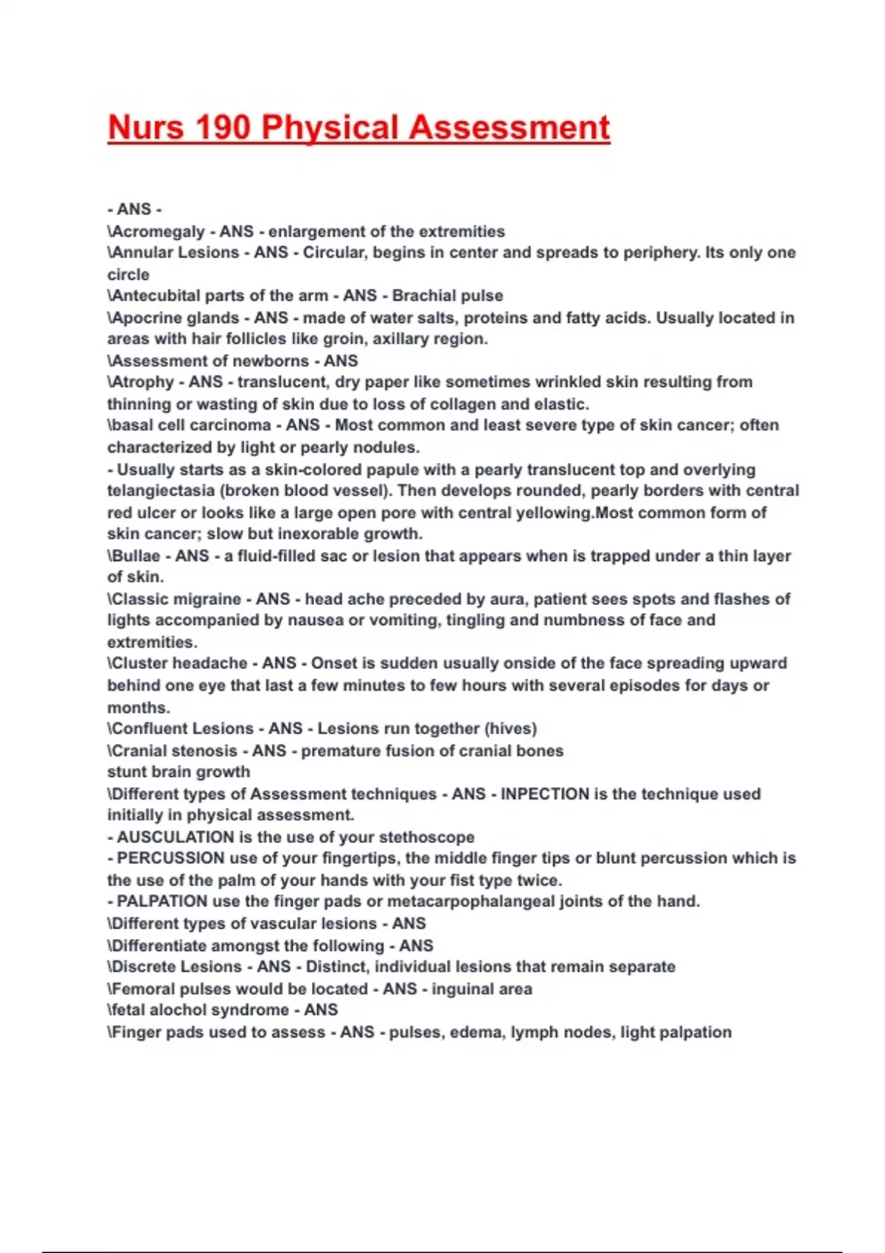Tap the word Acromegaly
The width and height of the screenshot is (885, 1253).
(157, 231)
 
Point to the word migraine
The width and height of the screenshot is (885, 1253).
(205, 599)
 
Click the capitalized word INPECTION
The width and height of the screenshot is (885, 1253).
(545, 794)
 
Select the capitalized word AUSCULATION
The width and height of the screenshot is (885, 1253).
(176, 837)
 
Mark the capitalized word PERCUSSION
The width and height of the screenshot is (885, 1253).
(170, 859)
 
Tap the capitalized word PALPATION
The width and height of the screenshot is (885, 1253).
(162, 901)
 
